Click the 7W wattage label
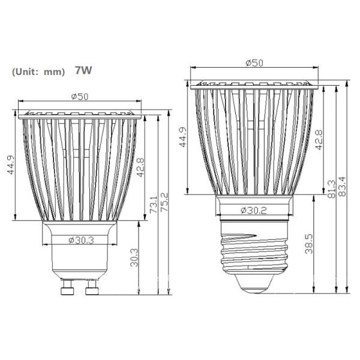[x=84, y=70]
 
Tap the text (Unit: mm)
[x=38, y=71]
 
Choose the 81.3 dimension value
[x=332, y=188]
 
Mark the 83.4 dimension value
[x=343, y=188]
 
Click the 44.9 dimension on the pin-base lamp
[x=11, y=165]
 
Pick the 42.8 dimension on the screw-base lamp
[x=319, y=140]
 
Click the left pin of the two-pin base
[x=67, y=289]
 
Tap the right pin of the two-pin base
[x=92, y=289]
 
